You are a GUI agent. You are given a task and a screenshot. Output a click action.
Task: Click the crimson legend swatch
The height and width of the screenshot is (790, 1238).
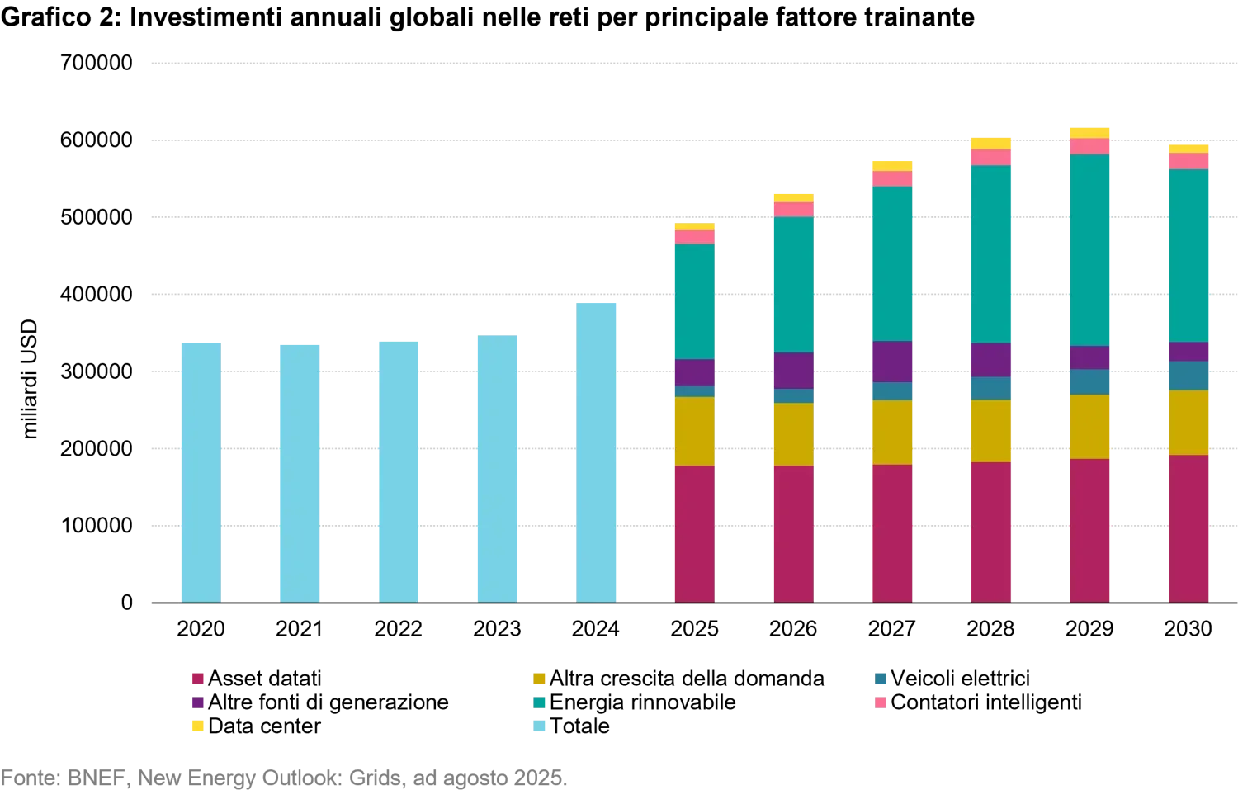198,679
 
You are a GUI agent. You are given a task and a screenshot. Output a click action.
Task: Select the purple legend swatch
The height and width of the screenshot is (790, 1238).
198,703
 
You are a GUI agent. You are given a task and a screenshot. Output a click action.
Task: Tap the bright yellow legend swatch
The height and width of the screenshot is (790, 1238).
198,726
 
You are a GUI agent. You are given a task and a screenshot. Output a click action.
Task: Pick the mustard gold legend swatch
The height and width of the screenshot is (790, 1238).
539,679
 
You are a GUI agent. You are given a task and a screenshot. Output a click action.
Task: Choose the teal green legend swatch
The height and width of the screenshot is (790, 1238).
539,703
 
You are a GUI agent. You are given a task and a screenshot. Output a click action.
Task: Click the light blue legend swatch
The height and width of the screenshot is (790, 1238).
539,726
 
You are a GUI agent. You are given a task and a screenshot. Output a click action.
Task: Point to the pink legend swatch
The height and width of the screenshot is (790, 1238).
881,703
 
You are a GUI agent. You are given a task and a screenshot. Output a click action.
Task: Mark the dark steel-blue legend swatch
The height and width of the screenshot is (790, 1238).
881,679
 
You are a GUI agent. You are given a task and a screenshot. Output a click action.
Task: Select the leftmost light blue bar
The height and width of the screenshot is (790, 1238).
201,471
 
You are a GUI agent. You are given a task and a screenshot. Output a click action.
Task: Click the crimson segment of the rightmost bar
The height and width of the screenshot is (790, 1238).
1189,528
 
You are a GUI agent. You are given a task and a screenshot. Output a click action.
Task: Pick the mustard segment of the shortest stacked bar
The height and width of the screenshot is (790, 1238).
694,431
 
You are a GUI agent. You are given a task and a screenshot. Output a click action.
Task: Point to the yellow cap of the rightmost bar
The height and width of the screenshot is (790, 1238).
1189,149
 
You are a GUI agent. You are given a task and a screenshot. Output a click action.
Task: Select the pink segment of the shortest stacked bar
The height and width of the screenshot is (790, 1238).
694,237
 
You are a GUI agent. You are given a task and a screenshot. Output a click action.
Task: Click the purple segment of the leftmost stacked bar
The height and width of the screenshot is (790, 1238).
694,372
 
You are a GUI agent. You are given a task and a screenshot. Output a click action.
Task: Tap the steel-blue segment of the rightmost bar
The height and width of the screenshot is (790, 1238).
1189,376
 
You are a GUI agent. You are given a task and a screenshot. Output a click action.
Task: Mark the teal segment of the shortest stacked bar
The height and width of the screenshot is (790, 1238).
694,301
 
